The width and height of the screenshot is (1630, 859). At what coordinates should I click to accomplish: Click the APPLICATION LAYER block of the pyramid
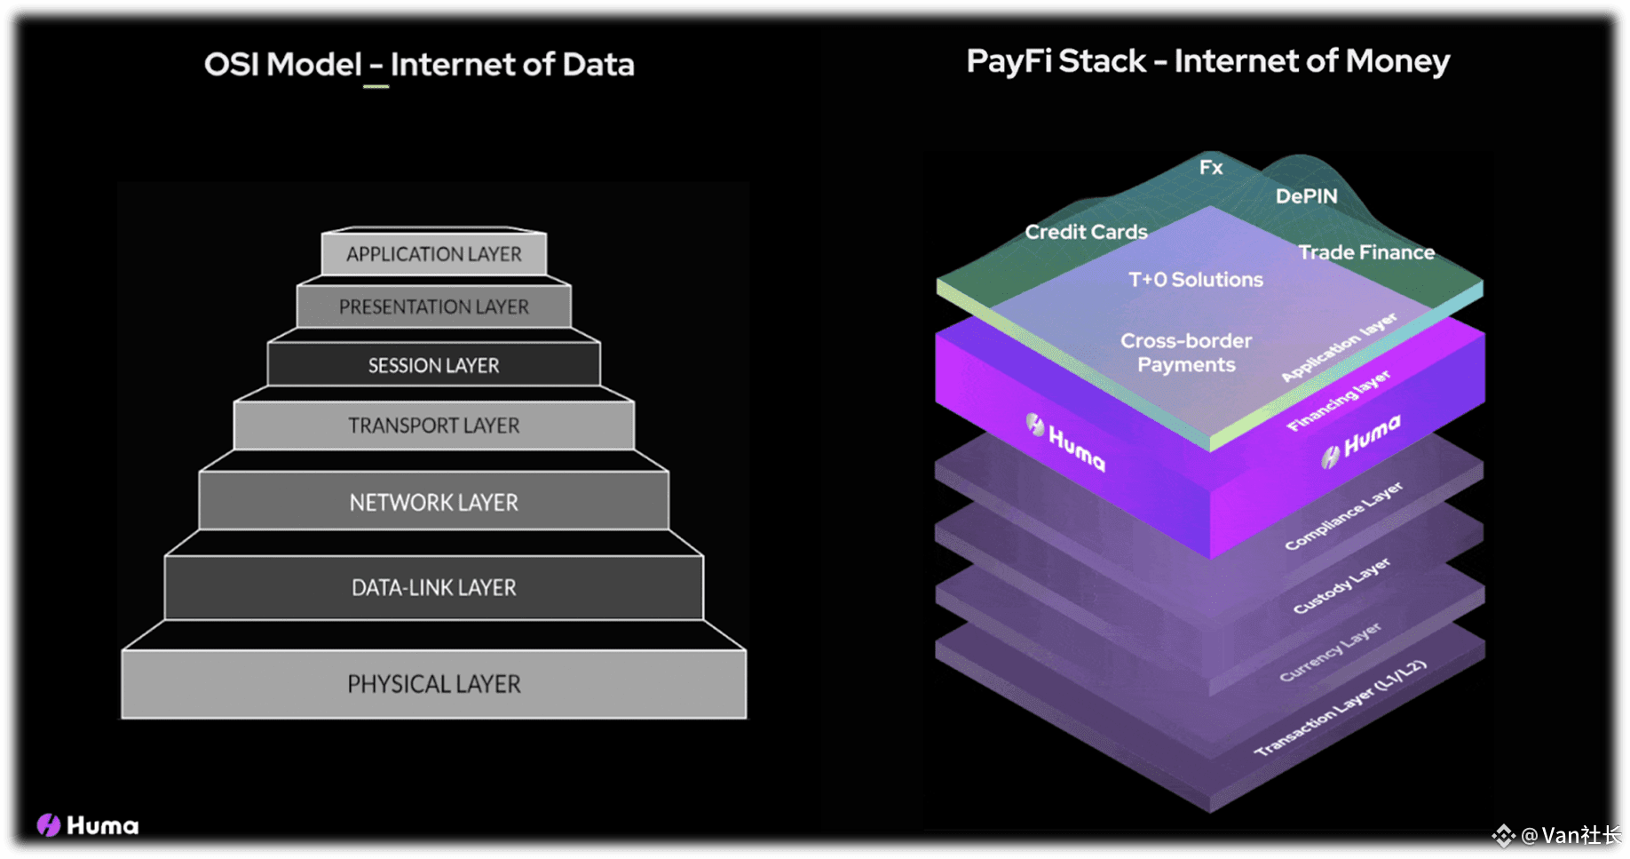[434, 254]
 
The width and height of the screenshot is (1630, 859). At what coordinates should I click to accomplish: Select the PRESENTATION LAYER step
[434, 306]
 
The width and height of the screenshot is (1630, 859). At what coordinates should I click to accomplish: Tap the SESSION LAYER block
[434, 365]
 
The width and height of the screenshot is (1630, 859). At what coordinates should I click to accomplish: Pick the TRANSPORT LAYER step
[434, 426]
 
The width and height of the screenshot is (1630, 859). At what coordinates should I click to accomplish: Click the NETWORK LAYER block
[434, 502]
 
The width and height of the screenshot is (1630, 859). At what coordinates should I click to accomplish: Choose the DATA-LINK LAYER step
[434, 587]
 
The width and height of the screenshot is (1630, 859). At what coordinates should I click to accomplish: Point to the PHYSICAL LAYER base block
[434, 684]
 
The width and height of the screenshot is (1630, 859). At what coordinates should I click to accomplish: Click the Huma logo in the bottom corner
[88, 825]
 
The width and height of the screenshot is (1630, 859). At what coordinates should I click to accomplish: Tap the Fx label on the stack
[1211, 167]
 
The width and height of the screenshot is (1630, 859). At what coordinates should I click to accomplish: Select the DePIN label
[1306, 196]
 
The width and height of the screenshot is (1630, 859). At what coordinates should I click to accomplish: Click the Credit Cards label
[1086, 232]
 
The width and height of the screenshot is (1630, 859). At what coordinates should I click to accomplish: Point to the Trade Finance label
[1366, 252]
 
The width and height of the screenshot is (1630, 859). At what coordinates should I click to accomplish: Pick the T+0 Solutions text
[1195, 280]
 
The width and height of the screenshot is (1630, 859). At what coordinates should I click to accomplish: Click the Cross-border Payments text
[1186, 353]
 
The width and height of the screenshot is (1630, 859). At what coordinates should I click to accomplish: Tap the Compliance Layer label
[1343, 516]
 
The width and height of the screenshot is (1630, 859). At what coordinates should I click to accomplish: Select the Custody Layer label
[1341, 586]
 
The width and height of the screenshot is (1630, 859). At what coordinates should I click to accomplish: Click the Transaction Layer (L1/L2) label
[1340, 708]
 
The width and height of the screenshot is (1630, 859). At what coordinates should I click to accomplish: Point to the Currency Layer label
[1330, 652]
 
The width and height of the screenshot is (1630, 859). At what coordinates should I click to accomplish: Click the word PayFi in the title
[1010, 61]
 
